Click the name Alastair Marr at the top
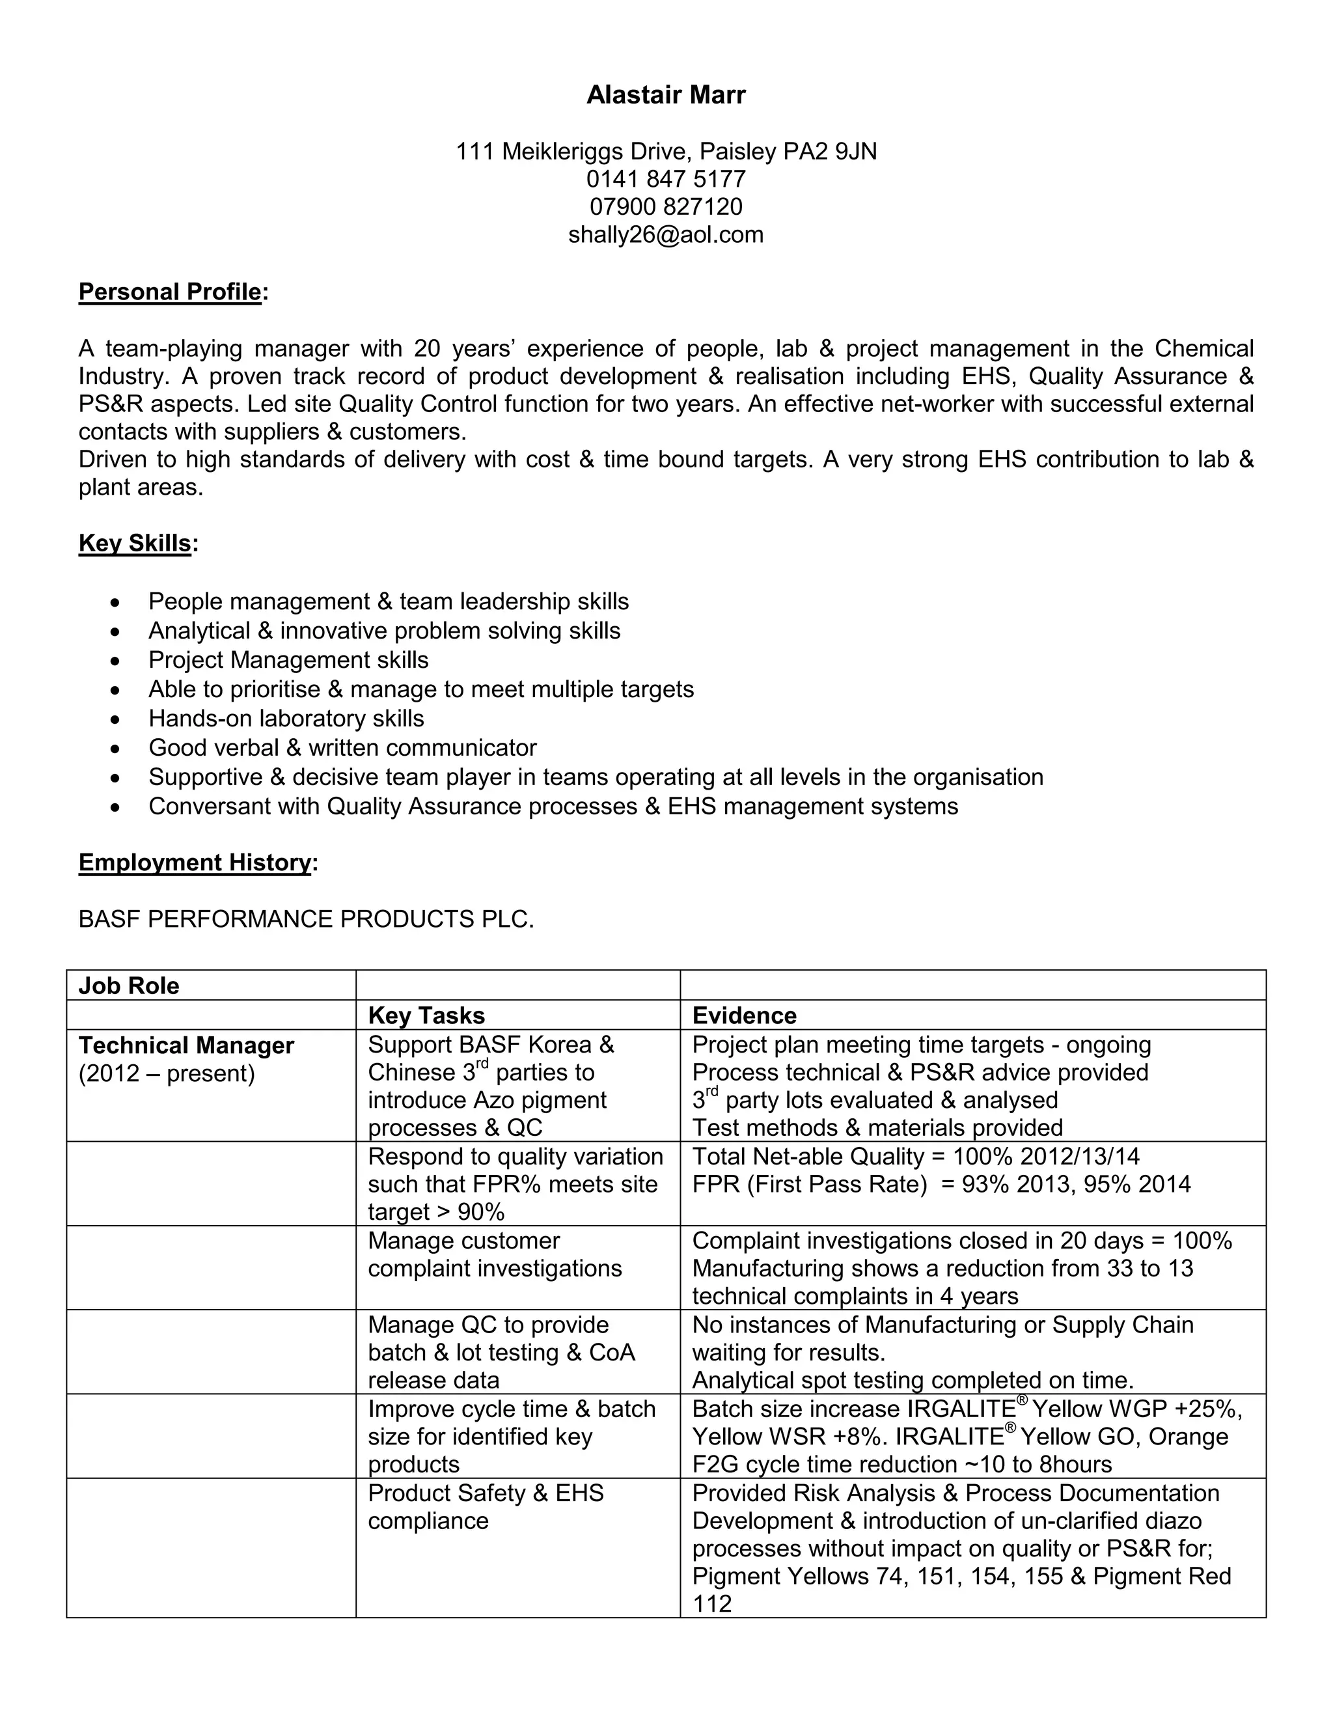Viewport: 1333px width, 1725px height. [x=666, y=95]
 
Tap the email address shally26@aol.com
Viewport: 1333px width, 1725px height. [x=666, y=234]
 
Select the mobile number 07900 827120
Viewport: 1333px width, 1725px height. [x=666, y=207]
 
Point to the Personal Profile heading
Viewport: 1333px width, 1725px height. [x=170, y=292]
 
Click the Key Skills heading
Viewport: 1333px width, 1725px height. [x=135, y=544]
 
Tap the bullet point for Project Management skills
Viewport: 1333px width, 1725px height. [x=116, y=660]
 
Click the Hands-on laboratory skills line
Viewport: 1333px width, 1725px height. [x=286, y=718]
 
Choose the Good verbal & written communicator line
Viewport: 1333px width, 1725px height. [x=342, y=747]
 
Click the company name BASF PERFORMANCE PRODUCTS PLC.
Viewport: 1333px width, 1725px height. [x=306, y=918]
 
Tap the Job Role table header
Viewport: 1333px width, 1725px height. [x=129, y=986]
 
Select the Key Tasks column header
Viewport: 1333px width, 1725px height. [x=426, y=1015]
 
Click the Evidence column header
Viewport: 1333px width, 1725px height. [x=744, y=1015]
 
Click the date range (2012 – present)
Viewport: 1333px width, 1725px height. [x=167, y=1073]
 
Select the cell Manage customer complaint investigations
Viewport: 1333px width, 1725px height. [x=495, y=1254]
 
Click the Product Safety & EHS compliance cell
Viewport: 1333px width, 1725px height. [x=486, y=1507]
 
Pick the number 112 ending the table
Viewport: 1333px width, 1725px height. [x=711, y=1603]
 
